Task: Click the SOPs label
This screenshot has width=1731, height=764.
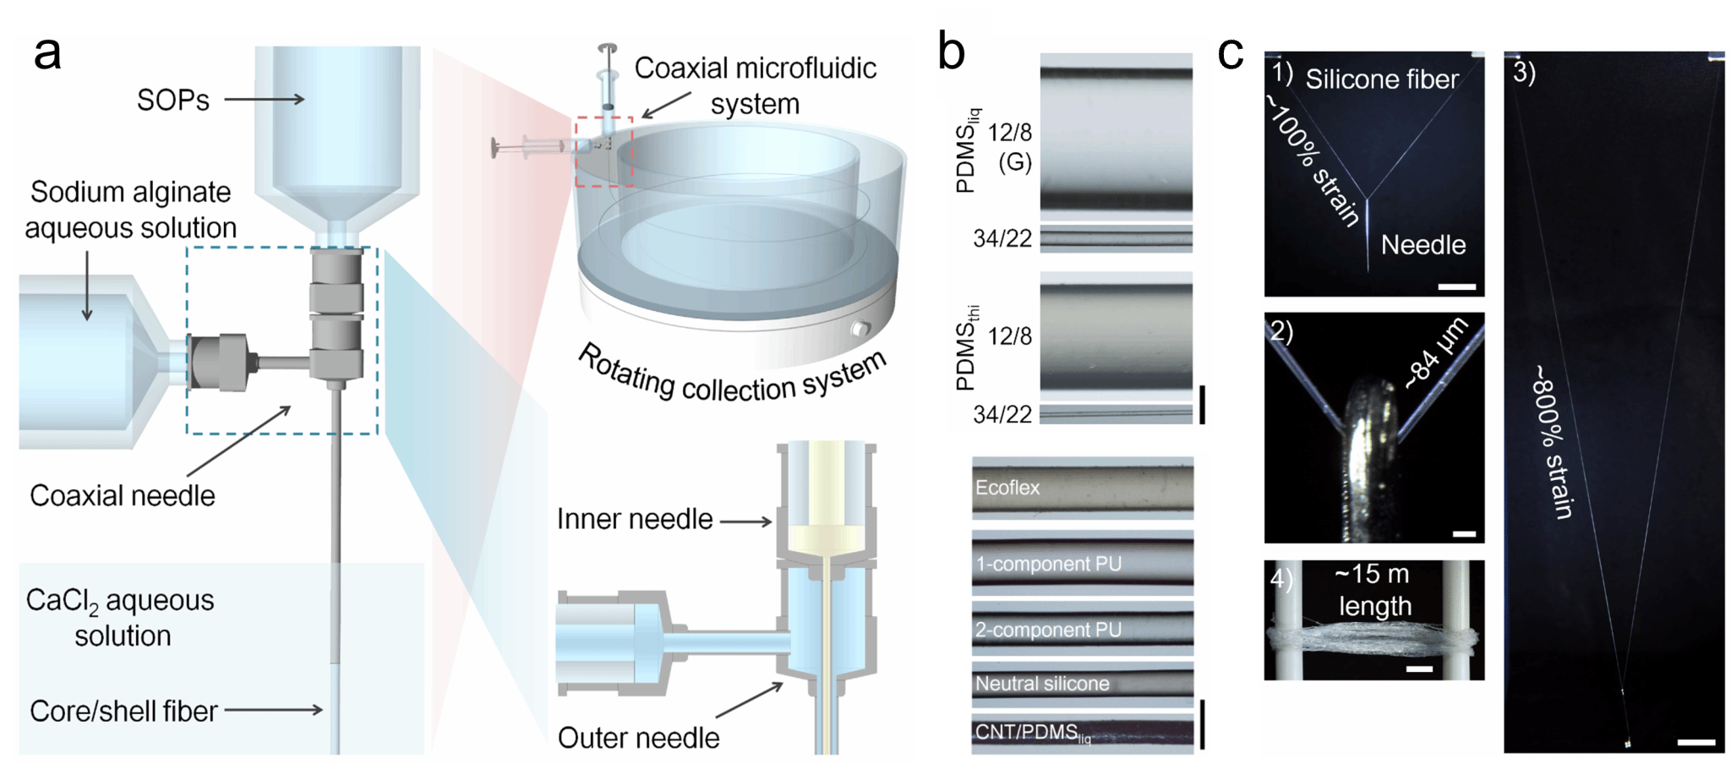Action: click(x=172, y=101)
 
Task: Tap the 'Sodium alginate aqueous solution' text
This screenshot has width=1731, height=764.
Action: click(x=130, y=210)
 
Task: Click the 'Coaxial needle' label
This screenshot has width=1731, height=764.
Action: click(x=123, y=495)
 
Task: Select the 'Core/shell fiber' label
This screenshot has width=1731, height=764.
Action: click(x=123, y=711)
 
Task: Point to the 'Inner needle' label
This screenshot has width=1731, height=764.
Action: click(x=635, y=519)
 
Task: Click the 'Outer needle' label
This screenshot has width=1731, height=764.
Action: click(x=638, y=738)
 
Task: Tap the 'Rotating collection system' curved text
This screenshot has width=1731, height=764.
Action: click(x=732, y=376)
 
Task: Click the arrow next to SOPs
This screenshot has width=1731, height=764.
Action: click(x=264, y=100)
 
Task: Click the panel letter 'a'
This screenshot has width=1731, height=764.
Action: click(x=47, y=53)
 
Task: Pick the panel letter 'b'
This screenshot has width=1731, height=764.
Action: click(x=952, y=52)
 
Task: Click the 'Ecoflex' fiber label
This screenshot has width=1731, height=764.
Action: click(x=1007, y=488)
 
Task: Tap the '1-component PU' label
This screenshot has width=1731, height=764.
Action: click(x=1048, y=564)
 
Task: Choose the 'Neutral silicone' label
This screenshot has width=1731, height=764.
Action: click(x=1042, y=684)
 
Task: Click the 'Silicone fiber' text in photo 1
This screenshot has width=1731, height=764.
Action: click(x=1382, y=79)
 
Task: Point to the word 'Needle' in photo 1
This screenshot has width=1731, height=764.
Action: click(x=1423, y=245)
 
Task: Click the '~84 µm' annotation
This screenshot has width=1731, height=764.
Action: click(x=1436, y=353)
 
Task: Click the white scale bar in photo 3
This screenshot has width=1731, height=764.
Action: click(x=1696, y=743)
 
